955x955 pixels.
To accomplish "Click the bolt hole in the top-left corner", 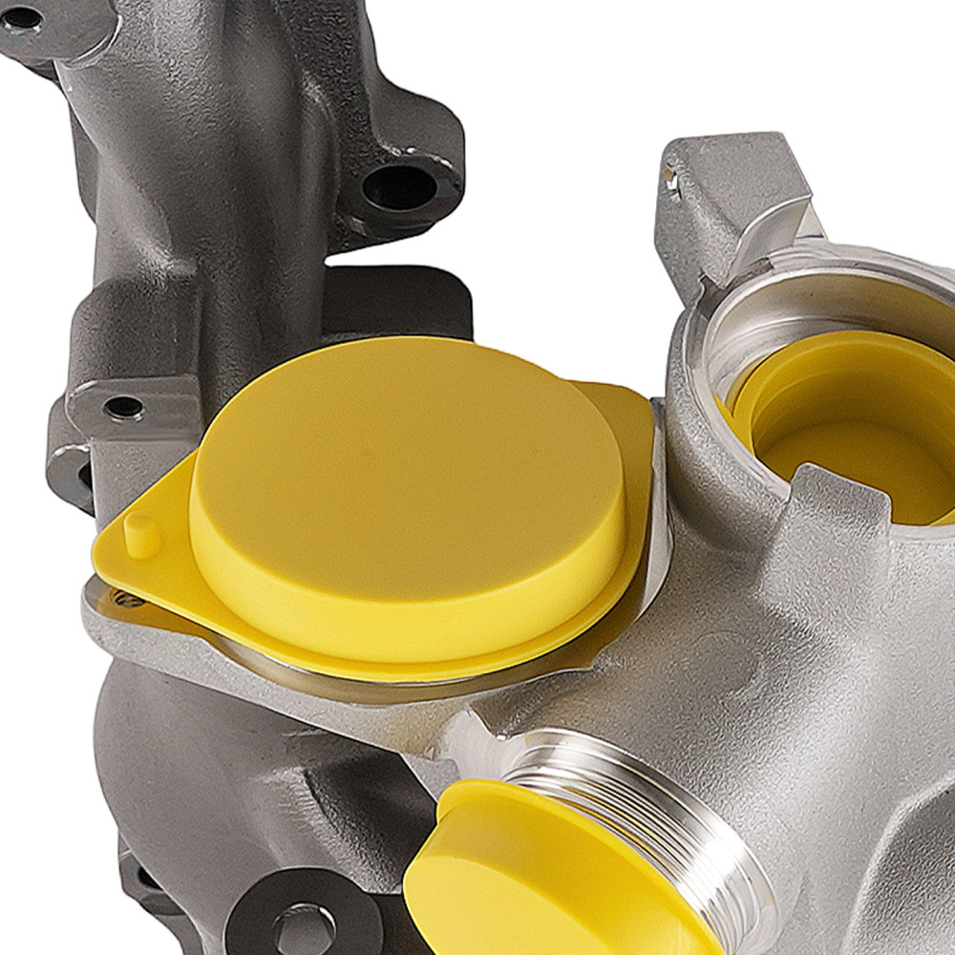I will coord(24,17).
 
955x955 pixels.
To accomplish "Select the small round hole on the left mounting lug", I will coord(123,408).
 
